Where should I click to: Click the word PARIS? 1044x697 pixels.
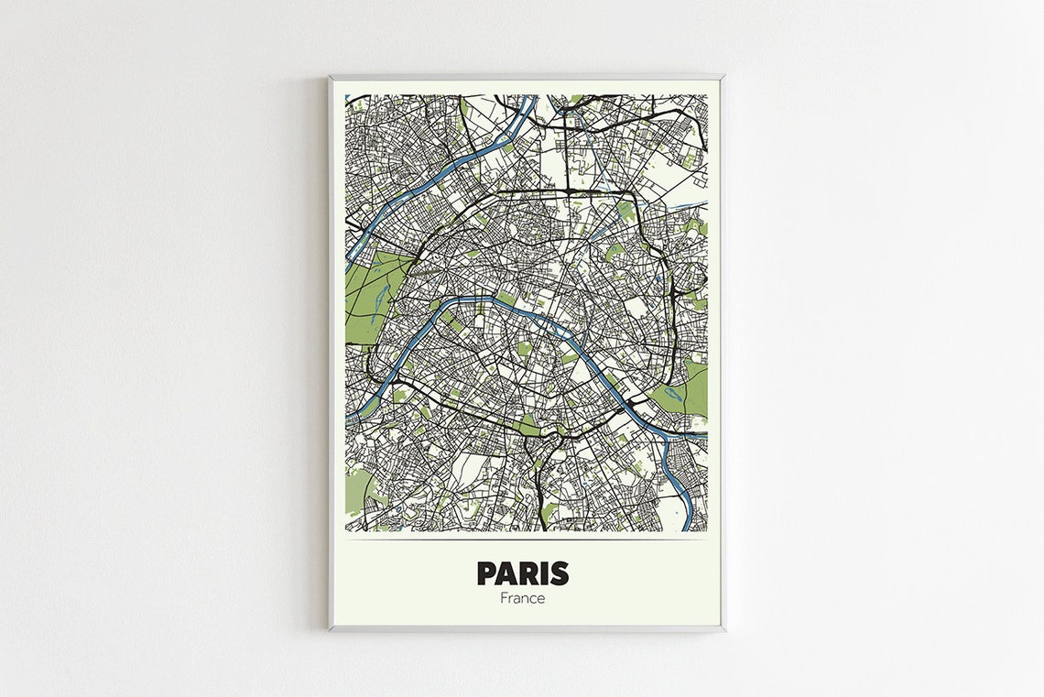[522, 573]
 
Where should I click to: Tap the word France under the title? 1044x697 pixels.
[522, 598]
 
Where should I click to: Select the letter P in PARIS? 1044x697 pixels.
[488, 573]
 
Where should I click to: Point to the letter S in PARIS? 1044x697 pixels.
[558, 573]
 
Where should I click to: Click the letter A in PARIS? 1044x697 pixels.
[508, 573]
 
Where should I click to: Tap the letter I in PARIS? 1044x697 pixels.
[543, 573]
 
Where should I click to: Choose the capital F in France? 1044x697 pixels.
[504, 598]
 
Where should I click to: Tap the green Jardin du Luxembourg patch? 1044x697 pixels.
[525, 348]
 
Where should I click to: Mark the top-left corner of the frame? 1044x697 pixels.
[330, 77]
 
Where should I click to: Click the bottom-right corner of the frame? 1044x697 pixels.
[723, 629]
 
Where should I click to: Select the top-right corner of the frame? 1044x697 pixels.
[723, 77]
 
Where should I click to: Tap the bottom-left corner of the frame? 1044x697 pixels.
[330, 629]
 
